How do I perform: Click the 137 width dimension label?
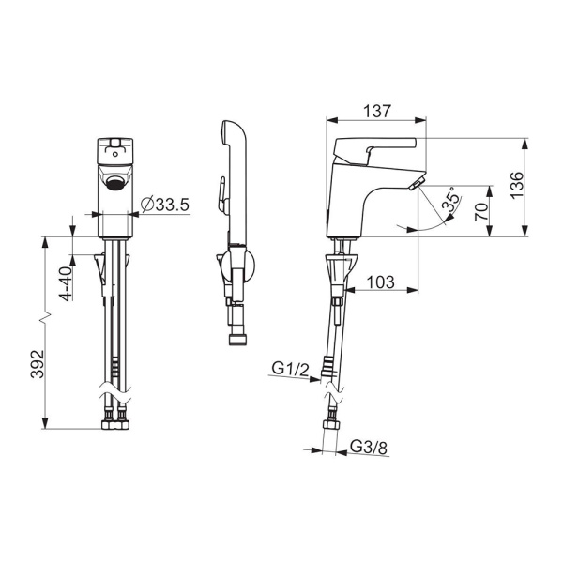click(x=376, y=111)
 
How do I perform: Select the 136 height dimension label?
click(x=517, y=185)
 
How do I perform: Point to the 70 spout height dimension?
click(x=481, y=211)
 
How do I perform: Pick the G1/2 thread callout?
click(x=290, y=369)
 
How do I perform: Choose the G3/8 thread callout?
click(x=369, y=448)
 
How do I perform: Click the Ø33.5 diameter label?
click(x=165, y=205)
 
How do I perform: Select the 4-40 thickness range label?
click(x=67, y=283)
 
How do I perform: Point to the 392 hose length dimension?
click(x=37, y=364)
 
